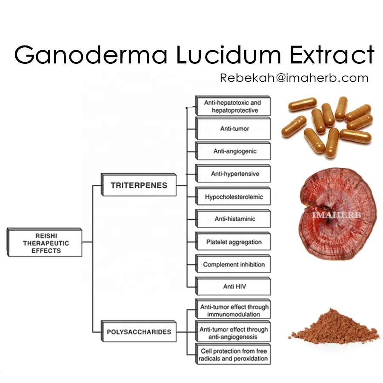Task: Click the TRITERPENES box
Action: click(139, 185)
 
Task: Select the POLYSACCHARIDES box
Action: click(139, 332)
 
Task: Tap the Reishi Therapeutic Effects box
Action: click(45, 243)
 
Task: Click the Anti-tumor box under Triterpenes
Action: click(233, 129)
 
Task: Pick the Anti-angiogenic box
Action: click(233, 151)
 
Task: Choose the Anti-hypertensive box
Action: click(233, 174)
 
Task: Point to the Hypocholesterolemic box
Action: click(233, 197)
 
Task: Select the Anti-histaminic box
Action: click(233, 219)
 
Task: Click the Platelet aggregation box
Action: click(233, 242)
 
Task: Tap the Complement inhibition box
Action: click(233, 264)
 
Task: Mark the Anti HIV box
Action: click(233, 286)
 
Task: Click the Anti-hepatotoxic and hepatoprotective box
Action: click(233, 106)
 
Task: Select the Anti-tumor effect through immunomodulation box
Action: click(233, 311)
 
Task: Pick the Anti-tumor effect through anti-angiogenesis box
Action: click(233, 333)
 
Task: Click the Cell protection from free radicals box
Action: click(233, 354)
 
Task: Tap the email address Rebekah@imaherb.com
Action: click(294, 78)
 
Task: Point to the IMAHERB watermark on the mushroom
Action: click(336, 215)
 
